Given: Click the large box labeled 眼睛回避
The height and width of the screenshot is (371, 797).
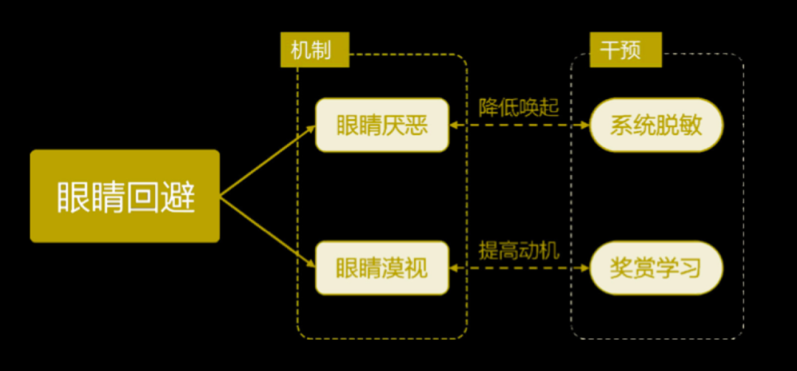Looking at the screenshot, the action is point(125,196).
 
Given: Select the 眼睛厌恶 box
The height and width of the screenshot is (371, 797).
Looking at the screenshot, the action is point(382,125).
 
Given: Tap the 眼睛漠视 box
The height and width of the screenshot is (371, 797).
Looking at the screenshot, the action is point(382,268).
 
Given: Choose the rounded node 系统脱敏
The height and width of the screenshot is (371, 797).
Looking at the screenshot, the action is point(656,125).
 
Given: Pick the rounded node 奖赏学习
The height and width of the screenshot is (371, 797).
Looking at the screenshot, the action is point(656,268).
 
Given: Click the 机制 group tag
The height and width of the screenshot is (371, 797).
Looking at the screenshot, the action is point(314,50).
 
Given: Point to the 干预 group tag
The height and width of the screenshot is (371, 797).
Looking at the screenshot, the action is point(626,50).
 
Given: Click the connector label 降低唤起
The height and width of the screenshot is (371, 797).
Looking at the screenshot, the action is point(519,108).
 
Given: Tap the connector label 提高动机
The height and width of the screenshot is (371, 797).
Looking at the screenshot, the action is point(519,251).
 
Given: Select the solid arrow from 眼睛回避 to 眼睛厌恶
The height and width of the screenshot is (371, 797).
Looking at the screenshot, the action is point(268,160).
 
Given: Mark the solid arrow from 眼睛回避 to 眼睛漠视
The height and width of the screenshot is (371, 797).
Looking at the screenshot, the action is point(268,231).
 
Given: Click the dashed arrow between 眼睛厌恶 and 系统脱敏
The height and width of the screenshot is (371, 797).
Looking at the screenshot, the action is point(519,125).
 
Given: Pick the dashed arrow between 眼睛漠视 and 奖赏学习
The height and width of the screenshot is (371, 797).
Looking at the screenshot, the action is point(519,268).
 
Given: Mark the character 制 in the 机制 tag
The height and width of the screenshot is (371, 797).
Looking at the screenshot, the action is point(322,50).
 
